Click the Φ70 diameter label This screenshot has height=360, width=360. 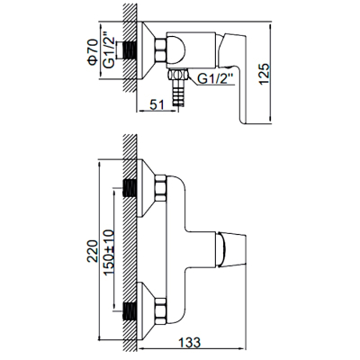pyautogui.click(x=93, y=51)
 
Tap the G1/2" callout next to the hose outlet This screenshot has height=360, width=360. pyautogui.click(x=215, y=79)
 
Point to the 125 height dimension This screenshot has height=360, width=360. pyautogui.click(x=265, y=74)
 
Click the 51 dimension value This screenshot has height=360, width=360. pyautogui.click(x=157, y=105)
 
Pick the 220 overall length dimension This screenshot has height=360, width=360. pyautogui.click(x=93, y=251)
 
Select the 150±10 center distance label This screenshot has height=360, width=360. pyautogui.click(x=109, y=252)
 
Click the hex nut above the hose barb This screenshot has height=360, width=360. pyautogui.click(x=178, y=74)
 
